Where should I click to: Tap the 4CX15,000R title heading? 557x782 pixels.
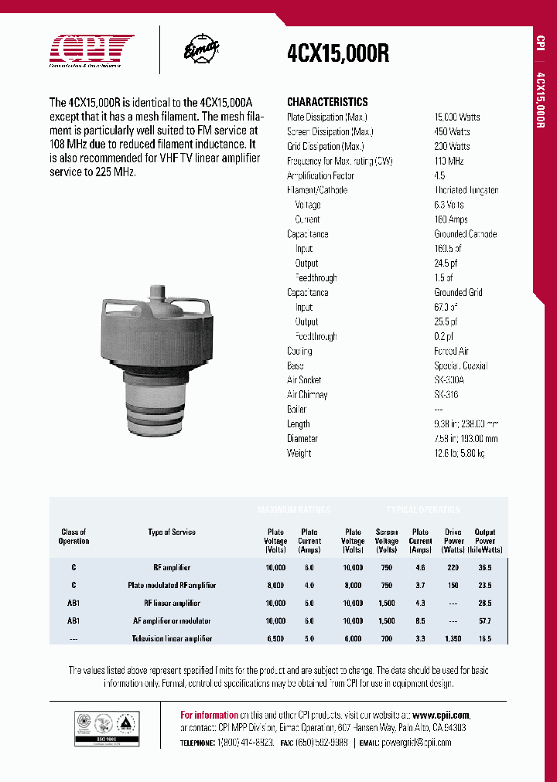pos(338,54)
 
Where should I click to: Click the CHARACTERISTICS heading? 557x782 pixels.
pos(327,102)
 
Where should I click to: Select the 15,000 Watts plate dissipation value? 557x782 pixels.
pos(456,117)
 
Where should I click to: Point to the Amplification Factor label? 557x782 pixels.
pos(321,175)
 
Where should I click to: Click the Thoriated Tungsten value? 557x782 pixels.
pos(466,190)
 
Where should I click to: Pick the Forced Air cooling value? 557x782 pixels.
pos(451,351)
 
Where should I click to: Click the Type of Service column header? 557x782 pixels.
pos(172,532)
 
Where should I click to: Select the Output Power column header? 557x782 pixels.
pos(485,541)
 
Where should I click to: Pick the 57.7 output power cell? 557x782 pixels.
pos(485,620)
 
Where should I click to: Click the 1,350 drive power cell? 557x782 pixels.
pos(453,638)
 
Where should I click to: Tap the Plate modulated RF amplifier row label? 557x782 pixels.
pos(172,585)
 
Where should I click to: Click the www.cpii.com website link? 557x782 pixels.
pos(441,716)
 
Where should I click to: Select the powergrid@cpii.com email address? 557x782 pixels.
pos(416,742)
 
